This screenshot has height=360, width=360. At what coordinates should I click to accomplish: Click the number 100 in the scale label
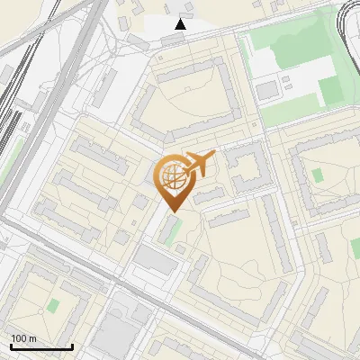point(19,338)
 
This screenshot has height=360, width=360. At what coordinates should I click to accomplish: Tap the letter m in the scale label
point(32,338)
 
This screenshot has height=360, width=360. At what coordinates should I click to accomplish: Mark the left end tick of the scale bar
point(10,346)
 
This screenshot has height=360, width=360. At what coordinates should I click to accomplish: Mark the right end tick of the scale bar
point(72,346)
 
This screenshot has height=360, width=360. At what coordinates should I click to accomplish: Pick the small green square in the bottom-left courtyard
point(53,305)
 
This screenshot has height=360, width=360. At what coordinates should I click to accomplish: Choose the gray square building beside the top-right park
point(266,90)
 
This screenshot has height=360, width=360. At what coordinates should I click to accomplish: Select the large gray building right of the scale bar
point(114,334)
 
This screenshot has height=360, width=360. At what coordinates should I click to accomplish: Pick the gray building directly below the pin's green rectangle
point(155,261)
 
